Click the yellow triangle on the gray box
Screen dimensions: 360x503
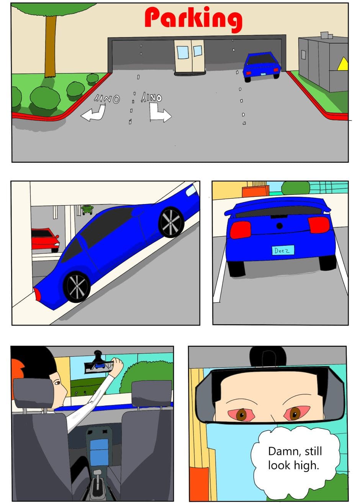point(343,64)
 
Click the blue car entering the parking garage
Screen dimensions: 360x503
point(262,67)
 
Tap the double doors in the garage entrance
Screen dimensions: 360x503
point(190,56)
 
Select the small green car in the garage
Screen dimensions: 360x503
point(87,209)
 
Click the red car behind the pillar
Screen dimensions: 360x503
point(45,240)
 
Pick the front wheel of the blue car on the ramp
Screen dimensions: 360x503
point(171,222)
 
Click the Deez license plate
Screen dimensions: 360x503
point(283,250)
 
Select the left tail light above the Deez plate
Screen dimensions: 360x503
point(240,230)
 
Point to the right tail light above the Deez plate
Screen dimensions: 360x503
point(319,225)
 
